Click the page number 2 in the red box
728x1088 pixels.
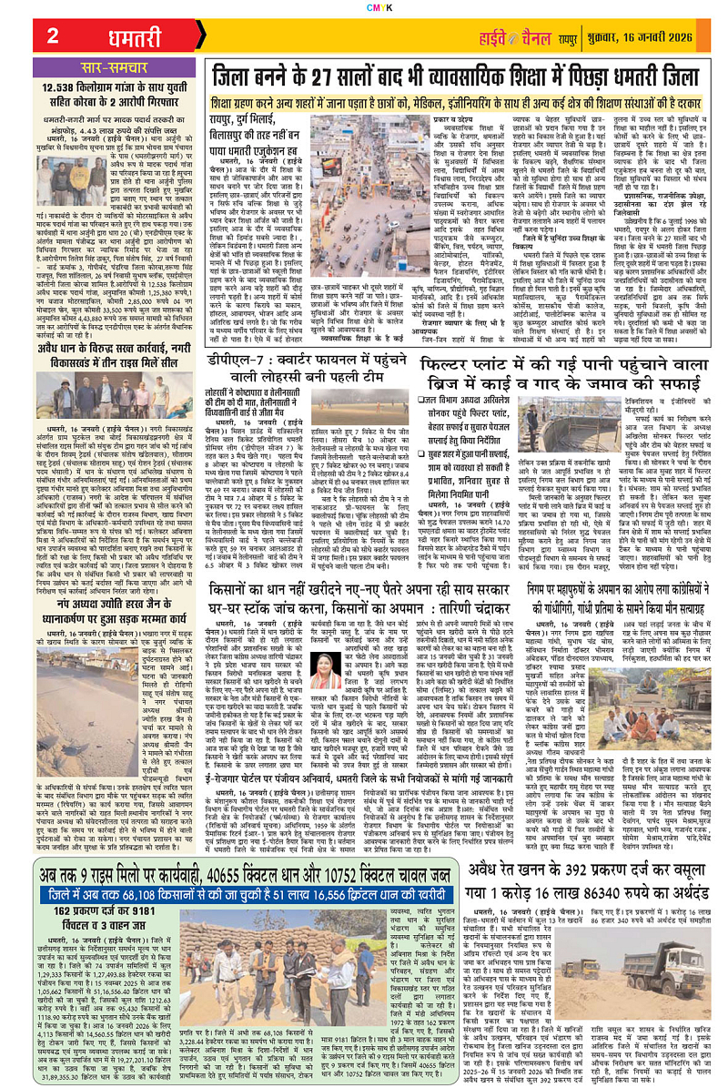(x=53, y=36)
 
